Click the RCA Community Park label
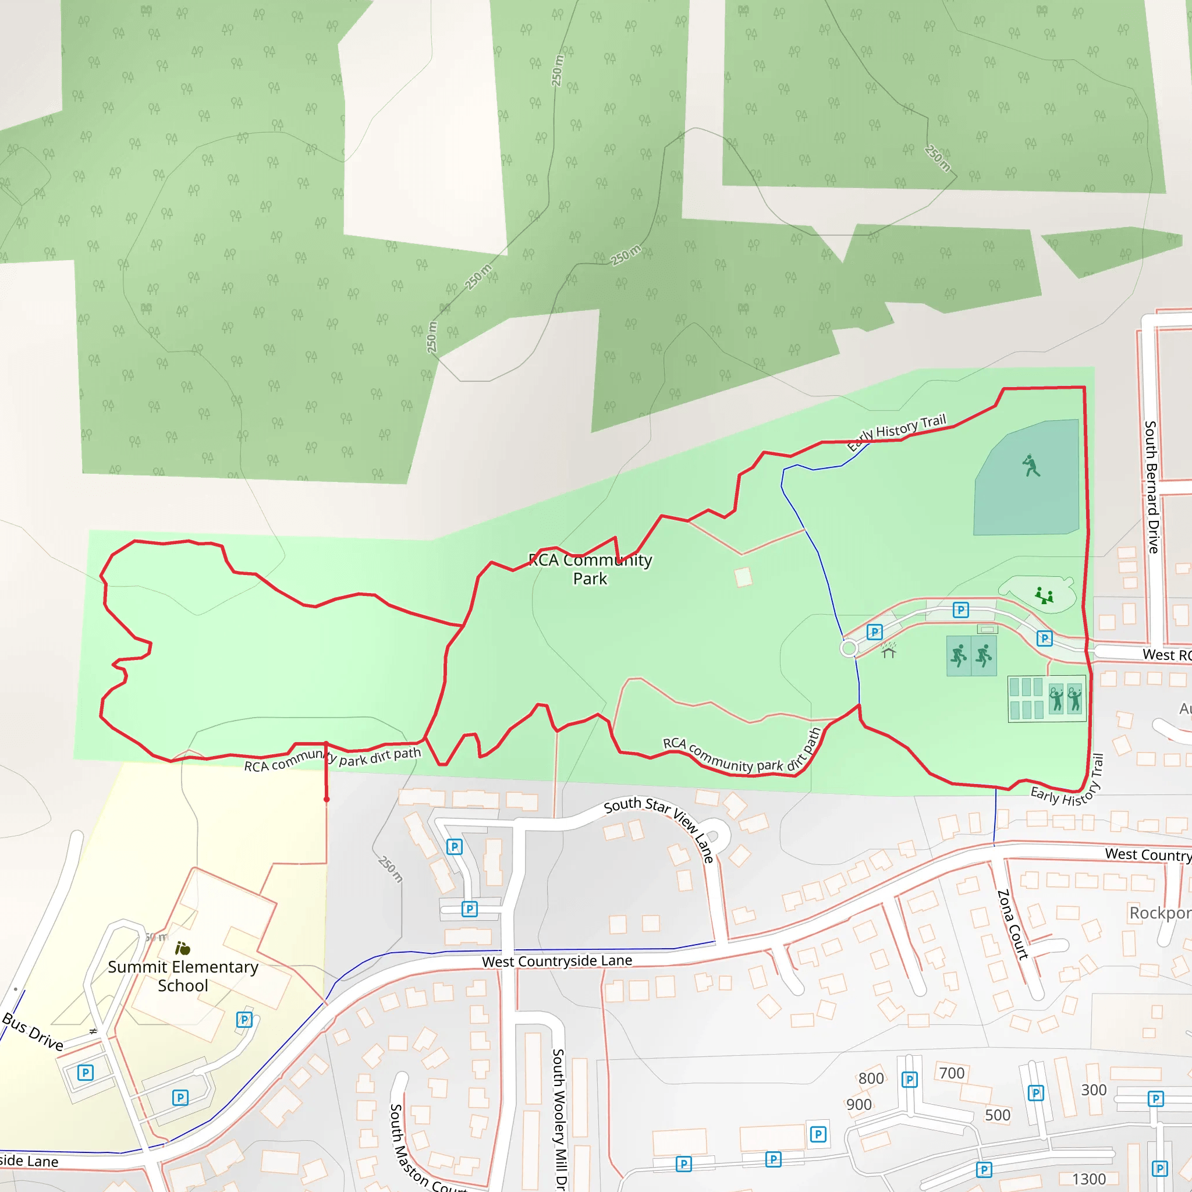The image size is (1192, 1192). pos(590,569)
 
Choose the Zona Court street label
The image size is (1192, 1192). pos(1013,924)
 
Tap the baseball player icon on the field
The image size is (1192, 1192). pos(1030,465)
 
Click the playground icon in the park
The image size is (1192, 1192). pos(1044,595)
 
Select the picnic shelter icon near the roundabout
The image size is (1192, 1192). pos(888,650)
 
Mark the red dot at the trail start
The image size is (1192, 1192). pos(327,799)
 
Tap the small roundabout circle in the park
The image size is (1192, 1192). pos(849,648)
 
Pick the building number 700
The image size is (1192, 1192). pos(952,1073)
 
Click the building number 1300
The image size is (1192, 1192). pos(1089,1179)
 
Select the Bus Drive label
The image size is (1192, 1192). pos(33,1031)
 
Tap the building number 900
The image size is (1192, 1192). pos(859,1104)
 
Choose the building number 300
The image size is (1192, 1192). pos(1093,1090)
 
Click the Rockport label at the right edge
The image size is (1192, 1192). pos(1159,913)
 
